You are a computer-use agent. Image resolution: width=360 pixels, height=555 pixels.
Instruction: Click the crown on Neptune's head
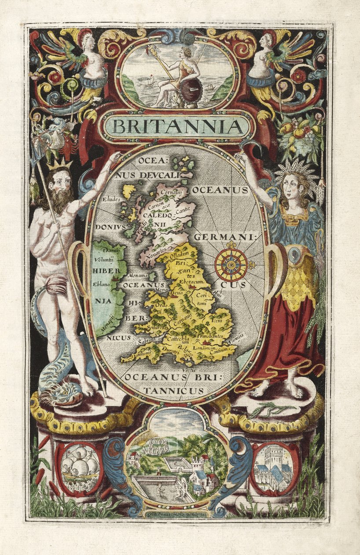(x=61, y=165)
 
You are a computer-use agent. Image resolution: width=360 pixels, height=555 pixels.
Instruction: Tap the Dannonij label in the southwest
(x=133, y=352)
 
